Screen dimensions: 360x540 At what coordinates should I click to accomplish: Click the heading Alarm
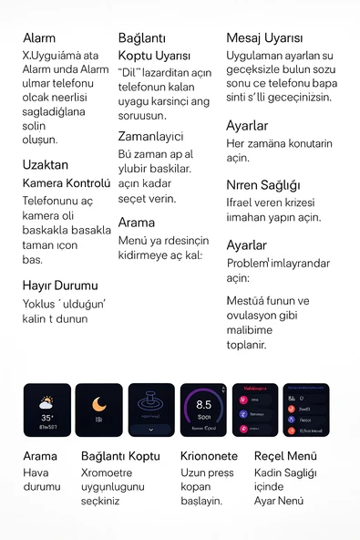click(38, 38)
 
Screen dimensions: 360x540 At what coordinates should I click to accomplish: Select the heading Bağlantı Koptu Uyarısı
click(154, 47)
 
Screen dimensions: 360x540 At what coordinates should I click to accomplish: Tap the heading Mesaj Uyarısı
click(264, 38)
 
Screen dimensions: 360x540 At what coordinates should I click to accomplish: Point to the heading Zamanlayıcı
click(150, 136)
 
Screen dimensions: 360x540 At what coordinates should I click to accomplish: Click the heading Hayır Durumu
click(59, 286)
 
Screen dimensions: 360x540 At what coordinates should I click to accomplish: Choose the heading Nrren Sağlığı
click(262, 185)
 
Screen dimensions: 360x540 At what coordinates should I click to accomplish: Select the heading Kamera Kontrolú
click(66, 183)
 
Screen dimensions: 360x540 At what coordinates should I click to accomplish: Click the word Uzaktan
click(45, 166)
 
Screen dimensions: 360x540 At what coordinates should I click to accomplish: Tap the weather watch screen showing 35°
click(47, 410)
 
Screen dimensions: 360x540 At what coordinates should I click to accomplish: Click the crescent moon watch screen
click(99, 410)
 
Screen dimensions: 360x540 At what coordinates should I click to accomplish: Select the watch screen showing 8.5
click(203, 410)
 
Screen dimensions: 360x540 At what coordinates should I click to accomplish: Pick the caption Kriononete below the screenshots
click(209, 456)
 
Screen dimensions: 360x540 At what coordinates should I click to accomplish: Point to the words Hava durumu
click(41, 480)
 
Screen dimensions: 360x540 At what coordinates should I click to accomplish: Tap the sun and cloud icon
click(47, 401)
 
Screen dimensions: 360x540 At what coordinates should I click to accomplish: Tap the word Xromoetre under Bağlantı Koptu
click(107, 473)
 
